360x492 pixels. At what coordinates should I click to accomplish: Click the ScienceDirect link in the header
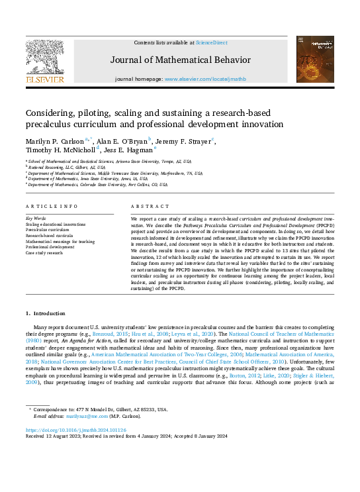coord(212,43)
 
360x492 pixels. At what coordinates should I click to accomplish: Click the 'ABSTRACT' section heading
coord(146,207)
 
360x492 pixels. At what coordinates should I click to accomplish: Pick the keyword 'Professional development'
coord(50,246)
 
